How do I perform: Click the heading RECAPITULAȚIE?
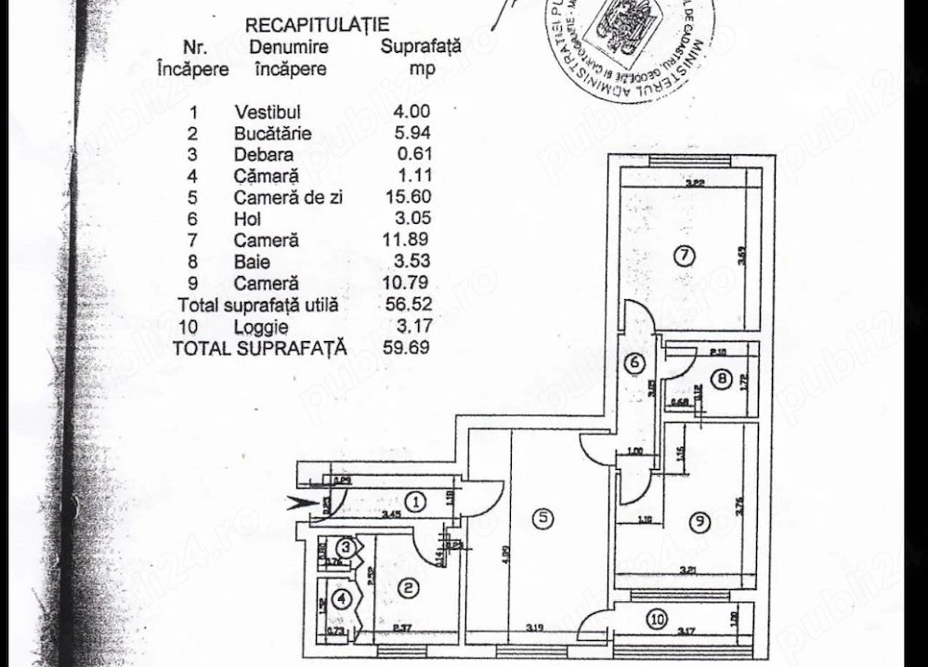click(x=317, y=25)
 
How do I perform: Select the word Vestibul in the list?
click(x=268, y=112)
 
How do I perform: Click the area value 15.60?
click(x=408, y=197)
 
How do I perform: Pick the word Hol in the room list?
click(x=247, y=219)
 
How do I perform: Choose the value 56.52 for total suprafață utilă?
click(x=408, y=305)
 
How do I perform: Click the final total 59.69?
click(x=408, y=347)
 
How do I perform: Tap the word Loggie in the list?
click(x=261, y=326)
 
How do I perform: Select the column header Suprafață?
click(x=421, y=48)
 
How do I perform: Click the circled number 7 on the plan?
click(x=684, y=257)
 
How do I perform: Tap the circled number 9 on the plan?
click(x=698, y=522)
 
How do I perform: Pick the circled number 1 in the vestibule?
click(x=416, y=503)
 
